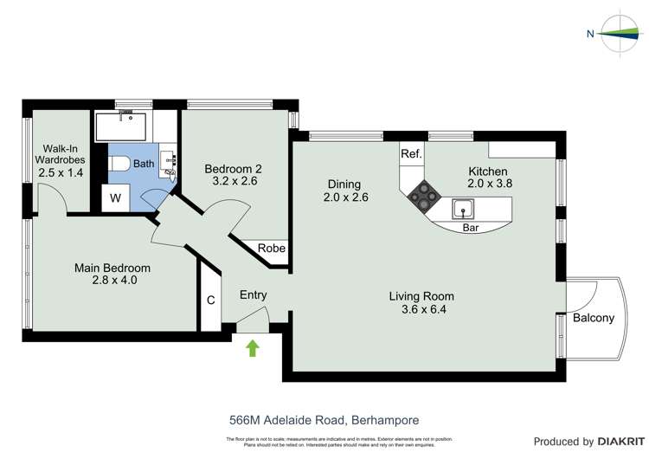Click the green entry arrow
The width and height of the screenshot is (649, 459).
click(253, 349)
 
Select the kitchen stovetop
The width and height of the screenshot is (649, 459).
click(424, 196)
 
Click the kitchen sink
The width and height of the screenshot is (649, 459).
click(463, 209)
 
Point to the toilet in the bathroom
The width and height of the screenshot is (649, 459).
click(119, 164)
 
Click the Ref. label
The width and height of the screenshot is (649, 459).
click(411, 154)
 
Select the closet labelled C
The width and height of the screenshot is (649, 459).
click(210, 301)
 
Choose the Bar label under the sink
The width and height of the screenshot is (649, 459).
click(471, 228)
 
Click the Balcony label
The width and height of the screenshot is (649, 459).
click(594, 318)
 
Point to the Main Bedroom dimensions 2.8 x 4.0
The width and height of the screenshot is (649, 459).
click(112, 281)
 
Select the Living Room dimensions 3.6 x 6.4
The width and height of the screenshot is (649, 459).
click(422, 309)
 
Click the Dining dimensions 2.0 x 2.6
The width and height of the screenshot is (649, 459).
click(344, 197)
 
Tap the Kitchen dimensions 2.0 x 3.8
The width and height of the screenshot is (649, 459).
click(488, 184)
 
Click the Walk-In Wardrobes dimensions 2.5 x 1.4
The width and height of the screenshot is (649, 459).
click(60, 173)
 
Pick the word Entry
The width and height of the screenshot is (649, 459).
click(253, 295)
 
